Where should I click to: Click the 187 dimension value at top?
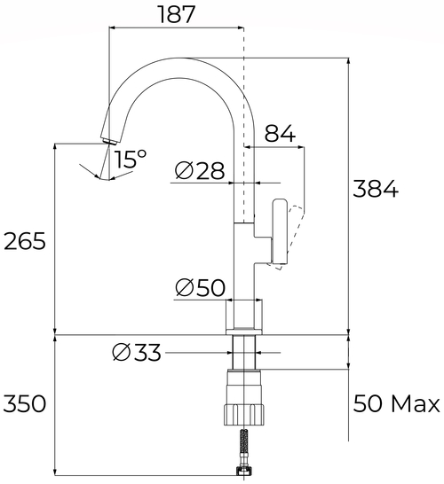click(x=175, y=14)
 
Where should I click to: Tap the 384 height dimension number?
click(x=376, y=190)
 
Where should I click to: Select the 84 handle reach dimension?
click(x=280, y=134)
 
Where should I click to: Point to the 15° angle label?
click(x=131, y=160)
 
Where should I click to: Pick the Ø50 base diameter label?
click(x=200, y=288)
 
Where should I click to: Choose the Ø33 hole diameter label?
click(x=137, y=353)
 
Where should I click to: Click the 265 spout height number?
click(x=24, y=241)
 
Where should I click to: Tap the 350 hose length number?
click(x=24, y=405)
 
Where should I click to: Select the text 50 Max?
click(x=396, y=405)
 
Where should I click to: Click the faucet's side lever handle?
click(x=281, y=232)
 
